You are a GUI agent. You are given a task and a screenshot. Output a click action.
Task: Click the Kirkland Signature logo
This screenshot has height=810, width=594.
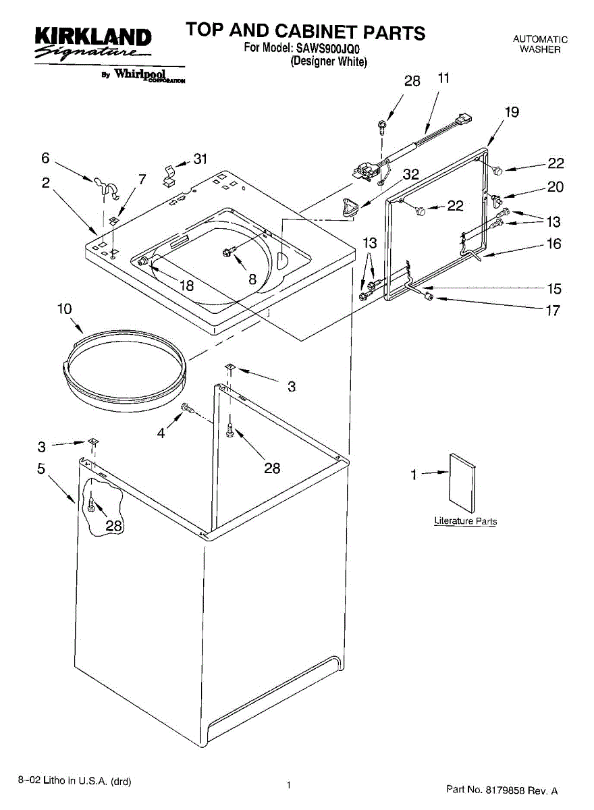[x=93, y=43]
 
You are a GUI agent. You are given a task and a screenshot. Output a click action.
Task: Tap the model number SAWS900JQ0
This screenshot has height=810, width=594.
[x=327, y=48]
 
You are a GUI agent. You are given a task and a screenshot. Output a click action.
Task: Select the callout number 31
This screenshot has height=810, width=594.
[x=200, y=159]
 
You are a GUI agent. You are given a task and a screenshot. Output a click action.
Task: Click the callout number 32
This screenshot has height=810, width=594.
[x=411, y=175]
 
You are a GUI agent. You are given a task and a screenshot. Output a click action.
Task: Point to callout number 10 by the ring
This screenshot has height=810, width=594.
[x=64, y=309]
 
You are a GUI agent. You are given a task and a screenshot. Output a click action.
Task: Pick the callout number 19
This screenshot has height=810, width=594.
[x=512, y=112]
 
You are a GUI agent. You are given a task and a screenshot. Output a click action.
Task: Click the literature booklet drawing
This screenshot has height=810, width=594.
[x=462, y=483]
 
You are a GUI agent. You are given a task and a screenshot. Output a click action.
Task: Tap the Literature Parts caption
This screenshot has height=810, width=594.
[x=466, y=521]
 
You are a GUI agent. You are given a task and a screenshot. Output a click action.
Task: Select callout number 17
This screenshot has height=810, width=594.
[x=553, y=310]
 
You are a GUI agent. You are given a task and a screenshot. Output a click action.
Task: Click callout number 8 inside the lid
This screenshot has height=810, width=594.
[x=252, y=279]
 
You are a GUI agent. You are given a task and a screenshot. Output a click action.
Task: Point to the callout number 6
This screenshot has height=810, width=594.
[x=45, y=158]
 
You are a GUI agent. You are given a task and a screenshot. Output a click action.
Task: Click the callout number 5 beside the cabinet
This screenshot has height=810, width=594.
[x=41, y=468]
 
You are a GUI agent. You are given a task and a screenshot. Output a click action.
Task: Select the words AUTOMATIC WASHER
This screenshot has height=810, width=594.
[x=540, y=44]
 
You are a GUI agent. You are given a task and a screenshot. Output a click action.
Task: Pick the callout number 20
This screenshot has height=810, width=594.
[x=556, y=187]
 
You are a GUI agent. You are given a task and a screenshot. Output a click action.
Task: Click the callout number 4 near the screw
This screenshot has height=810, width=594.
[x=161, y=433]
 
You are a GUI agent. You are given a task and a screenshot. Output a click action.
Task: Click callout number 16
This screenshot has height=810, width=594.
[x=554, y=244]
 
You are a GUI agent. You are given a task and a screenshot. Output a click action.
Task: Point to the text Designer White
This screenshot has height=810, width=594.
[x=329, y=62]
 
